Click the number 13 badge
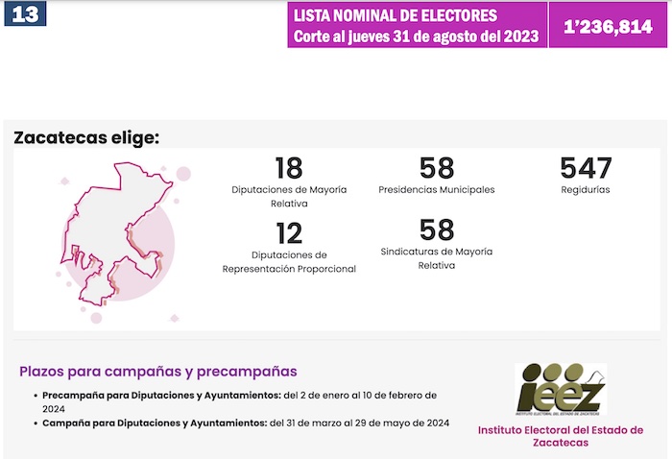click(25, 14)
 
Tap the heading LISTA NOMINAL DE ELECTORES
click(396, 16)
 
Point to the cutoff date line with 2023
click(415, 36)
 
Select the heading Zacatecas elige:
click(86, 137)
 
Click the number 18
click(288, 169)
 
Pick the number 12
click(288, 233)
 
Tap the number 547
click(586, 169)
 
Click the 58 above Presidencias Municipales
click(437, 169)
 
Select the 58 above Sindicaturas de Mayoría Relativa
click(437, 230)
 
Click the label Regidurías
click(586, 190)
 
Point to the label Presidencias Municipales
click(437, 190)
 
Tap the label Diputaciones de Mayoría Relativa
click(289, 197)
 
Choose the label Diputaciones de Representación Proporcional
click(289, 262)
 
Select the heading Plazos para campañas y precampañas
click(158, 372)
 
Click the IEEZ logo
click(561, 389)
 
